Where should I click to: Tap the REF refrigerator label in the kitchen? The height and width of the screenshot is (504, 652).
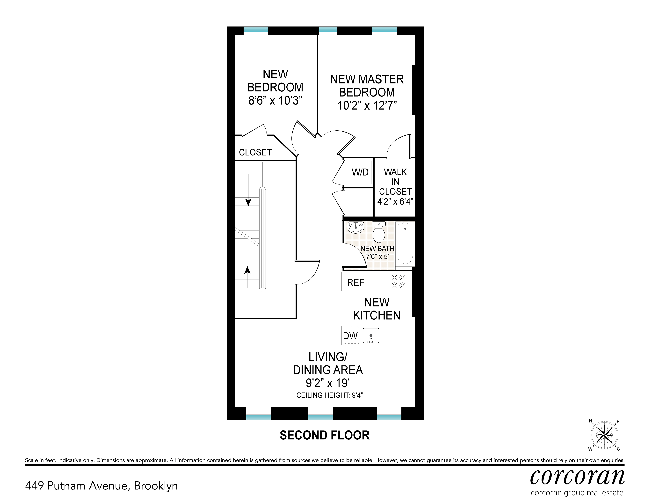[x=355, y=282]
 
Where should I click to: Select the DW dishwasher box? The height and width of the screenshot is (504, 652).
[x=350, y=336]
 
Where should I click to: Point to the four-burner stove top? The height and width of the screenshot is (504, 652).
[x=398, y=281]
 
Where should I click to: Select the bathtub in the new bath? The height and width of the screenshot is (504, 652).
[x=405, y=244]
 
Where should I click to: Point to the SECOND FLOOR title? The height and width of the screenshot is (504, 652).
[x=325, y=435]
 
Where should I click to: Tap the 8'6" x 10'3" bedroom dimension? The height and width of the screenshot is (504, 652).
[x=275, y=100]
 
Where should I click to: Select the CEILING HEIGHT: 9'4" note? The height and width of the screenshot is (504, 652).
[x=329, y=395]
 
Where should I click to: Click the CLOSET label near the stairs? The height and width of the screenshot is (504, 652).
[x=255, y=152]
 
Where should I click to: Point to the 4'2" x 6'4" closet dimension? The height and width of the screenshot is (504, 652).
[x=395, y=201]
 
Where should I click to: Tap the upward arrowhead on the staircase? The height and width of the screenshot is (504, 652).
[x=247, y=270]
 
